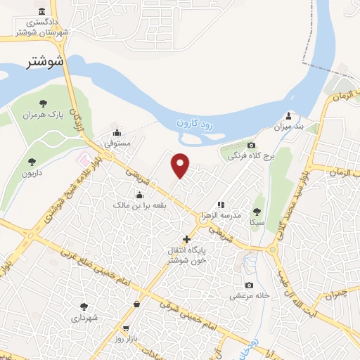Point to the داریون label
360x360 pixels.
[x=32, y=172]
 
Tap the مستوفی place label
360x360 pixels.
[x=117, y=143]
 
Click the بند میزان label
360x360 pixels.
[x=288, y=126]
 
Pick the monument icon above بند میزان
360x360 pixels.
[x=288, y=115]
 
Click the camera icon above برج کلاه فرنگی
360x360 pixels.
[x=251, y=145]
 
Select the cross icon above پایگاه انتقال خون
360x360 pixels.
[x=186, y=239]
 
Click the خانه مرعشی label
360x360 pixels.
[x=250, y=296]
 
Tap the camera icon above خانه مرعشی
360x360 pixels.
[x=249, y=285]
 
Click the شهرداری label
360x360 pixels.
[x=86, y=317]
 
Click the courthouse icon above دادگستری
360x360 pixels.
[x=44, y=12]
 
